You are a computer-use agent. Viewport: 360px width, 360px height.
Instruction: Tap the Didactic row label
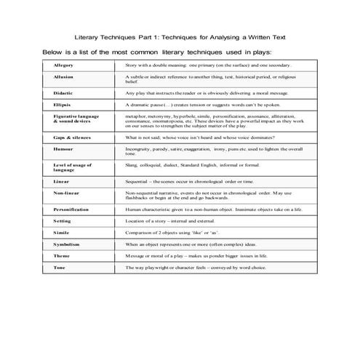click(x=63, y=93)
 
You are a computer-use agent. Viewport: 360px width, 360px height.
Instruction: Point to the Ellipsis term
click(x=62, y=105)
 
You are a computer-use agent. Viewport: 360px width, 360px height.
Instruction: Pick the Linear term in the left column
click(x=60, y=180)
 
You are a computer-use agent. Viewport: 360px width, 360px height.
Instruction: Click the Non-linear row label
click(x=65, y=193)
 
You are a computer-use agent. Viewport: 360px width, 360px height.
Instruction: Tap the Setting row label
click(x=62, y=220)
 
